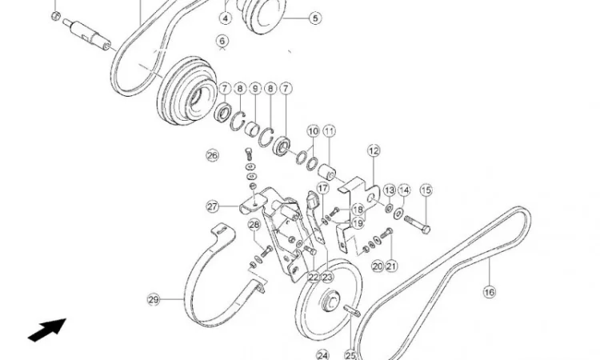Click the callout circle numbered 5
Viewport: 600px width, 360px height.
click(x=315, y=18)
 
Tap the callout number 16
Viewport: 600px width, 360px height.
click(x=490, y=292)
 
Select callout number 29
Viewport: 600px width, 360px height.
click(x=154, y=299)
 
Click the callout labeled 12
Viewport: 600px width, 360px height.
click(x=374, y=150)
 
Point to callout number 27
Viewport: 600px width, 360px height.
click(x=212, y=207)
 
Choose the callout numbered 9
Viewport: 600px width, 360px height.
click(x=255, y=89)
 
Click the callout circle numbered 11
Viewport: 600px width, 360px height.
click(x=329, y=131)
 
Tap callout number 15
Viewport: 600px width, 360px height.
click(x=426, y=190)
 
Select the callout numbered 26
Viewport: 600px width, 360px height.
click(x=212, y=155)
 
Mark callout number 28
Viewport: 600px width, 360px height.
click(x=254, y=225)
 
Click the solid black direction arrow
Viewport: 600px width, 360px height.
click(x=47, y=330)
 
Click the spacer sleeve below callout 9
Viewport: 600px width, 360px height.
click(x=253, y=129)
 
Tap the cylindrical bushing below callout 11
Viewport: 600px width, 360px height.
click(x=327, y=172)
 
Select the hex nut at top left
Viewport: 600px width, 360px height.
click(x=56, y=16)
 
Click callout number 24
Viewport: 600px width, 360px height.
click(x=323, y=355)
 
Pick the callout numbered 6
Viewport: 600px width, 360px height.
click(x=222, y=41)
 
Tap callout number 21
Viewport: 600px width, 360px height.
click(x=390, y=266)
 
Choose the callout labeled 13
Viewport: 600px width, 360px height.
click(x=390, y=190)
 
